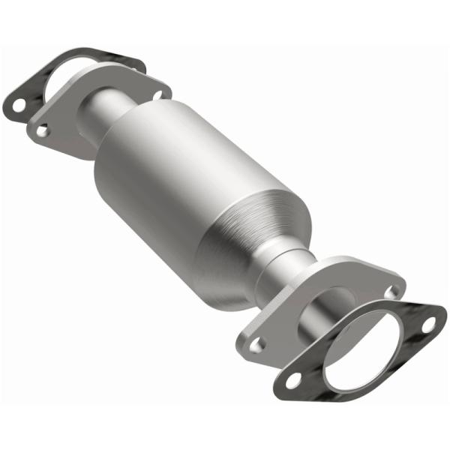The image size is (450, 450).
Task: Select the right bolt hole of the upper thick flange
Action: pos(158,94)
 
